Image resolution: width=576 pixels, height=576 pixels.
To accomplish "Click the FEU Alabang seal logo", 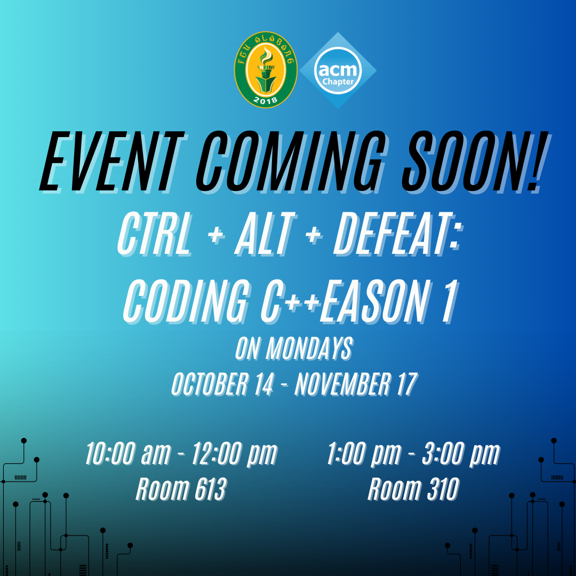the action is tap(266, 70).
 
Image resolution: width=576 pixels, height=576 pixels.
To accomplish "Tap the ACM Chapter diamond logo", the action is tap(338, 70).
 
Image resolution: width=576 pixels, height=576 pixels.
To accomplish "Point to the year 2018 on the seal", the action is tap(265, 99).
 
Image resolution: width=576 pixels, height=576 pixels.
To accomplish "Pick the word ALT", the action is tap(265, 234).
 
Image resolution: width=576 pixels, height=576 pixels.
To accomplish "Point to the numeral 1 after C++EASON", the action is tap(450, 300).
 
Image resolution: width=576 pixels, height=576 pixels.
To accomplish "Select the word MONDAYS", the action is tap(309, 348).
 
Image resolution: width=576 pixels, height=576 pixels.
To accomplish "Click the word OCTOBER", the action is tap(210, 384).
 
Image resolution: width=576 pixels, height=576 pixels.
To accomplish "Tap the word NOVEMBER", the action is tap(342, 384).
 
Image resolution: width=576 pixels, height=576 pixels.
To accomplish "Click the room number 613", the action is tap(211, 489).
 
